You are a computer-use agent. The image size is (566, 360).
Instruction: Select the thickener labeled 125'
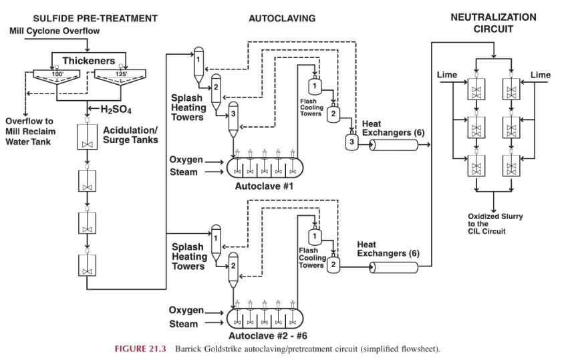tap(120, 77)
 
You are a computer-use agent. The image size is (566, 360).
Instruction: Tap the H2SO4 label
tap(116, 109)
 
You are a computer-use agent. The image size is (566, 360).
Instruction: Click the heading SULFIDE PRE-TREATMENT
tap(96, 19)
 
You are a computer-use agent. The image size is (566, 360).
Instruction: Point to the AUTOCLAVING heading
tap(282, 19)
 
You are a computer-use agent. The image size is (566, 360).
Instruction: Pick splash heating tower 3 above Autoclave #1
tap(233, 120)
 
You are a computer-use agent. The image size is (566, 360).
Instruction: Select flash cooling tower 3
tap(352, 142)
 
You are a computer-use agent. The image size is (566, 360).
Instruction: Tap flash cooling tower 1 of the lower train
tap(314, 236)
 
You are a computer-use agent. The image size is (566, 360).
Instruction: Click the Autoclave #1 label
tap(264, 186)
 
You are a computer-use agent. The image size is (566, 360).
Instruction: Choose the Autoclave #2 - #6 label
tap(267, 336)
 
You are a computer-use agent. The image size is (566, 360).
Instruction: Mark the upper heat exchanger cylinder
tap(394, 145)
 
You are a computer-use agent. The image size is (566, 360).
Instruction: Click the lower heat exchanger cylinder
tap(394, 267)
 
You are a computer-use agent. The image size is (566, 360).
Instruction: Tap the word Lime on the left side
tap(447, 75)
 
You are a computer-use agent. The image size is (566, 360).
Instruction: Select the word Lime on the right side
tap(541, 75)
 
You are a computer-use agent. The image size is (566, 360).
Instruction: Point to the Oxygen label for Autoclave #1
tap(186, 160)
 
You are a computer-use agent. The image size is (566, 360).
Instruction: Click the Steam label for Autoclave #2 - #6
tap(183, 324)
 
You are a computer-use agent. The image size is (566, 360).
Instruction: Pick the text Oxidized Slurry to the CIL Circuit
tap(495, 224)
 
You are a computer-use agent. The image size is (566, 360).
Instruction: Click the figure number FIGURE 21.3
tap(140, 349)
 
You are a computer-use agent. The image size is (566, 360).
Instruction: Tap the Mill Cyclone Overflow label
tap(55, 31)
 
